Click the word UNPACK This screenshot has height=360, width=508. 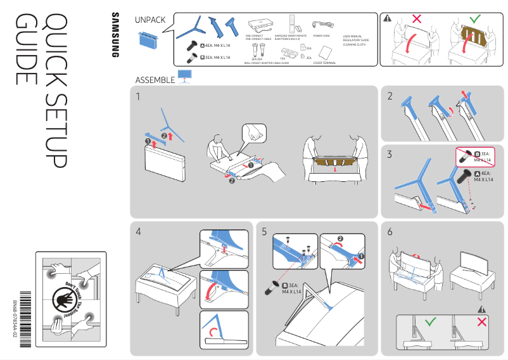coord(150,20)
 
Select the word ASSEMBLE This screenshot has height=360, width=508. coord(155,80)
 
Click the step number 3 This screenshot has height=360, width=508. coord(390,154)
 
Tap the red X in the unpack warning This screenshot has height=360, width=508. coord(416,19)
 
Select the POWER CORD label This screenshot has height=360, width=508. coord(321,36)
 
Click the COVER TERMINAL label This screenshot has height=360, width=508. coord(324,63)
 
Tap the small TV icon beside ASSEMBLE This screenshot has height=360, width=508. coord(185,77)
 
